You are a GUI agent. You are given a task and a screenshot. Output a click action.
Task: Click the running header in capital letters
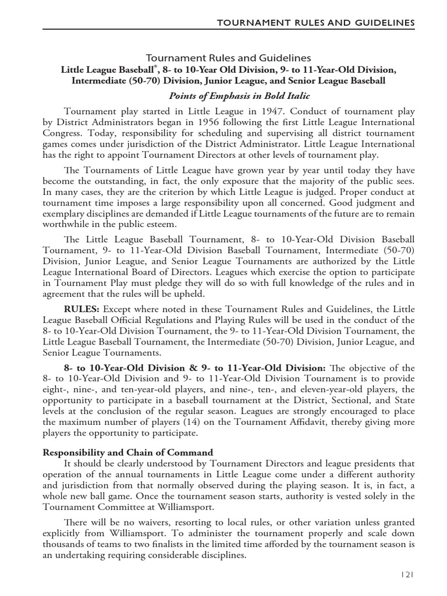[x=316, y=22]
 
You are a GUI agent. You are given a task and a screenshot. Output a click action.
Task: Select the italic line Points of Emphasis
[x=239, y=95]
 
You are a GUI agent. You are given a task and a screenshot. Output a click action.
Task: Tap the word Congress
[x=63, y=133]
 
